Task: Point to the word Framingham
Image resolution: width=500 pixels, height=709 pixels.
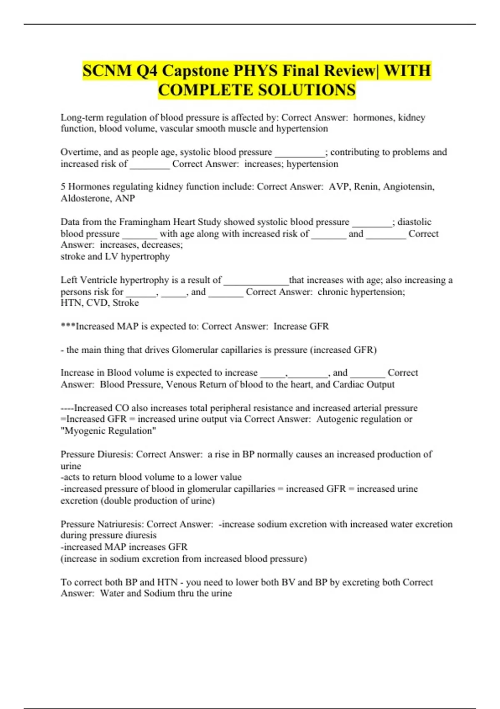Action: pyautogui.click(x=145, y=222)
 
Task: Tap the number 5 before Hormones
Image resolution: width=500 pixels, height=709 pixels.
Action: pyautogui.click(x=63, y=187)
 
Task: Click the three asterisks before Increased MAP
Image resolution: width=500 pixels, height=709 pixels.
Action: pyautogui.click(x=68, y=327)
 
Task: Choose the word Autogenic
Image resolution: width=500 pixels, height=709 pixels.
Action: pyautogui.click(x=338, y=419)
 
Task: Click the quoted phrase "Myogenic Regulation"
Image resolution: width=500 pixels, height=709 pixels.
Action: pyautogui.click(x=108, y=431)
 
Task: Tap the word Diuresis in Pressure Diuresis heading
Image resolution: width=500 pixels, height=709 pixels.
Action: pyautogui.click(x=115, y=454)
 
